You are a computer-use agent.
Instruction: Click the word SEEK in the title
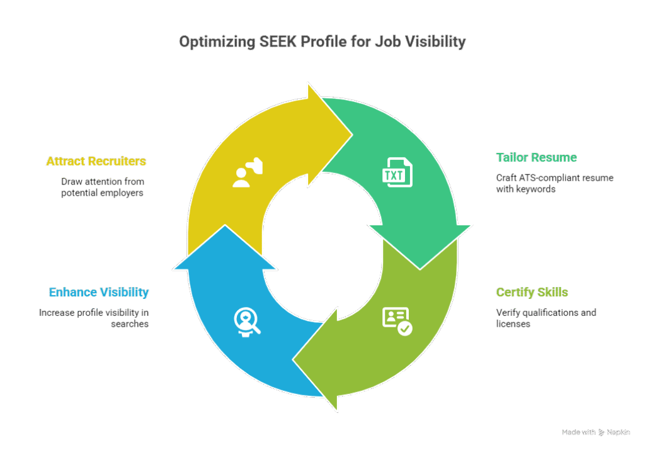278,42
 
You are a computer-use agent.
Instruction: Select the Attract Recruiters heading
96,161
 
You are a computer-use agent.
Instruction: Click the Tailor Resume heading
537,157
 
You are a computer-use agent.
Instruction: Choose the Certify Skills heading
532,292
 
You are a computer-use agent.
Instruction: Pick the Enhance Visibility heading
99,292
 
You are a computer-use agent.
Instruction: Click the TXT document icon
397,172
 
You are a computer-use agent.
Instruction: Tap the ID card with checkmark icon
397,321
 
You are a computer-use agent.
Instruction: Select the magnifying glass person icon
247,322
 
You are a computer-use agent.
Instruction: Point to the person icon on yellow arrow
247,172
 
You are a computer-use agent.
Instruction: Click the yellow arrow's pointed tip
352,135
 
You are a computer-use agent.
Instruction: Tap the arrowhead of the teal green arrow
420,269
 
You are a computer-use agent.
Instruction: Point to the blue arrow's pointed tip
225,225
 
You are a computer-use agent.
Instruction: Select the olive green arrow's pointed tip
293,360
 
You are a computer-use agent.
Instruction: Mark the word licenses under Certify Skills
513,324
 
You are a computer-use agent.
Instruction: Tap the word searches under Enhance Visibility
130,324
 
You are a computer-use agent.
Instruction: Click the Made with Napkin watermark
596,432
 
